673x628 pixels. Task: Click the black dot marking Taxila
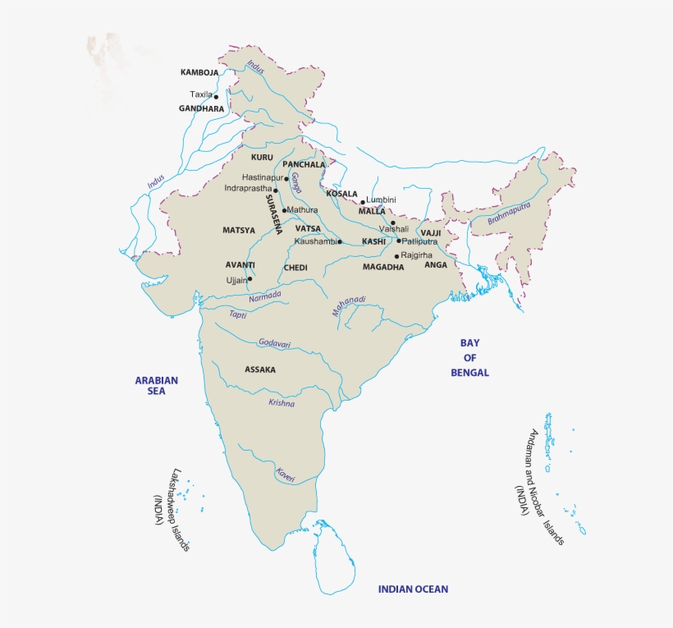coord(217,96)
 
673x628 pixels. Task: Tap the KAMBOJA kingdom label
coord(199,72)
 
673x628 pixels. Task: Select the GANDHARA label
coord(201,108)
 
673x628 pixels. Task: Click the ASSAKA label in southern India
coord(260,369)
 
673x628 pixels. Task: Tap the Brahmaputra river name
coord(510,213)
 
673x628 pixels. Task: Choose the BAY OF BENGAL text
coord(469,357)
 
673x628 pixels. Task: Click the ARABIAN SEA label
coord(157,386)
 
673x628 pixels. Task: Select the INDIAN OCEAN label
coord(413,589)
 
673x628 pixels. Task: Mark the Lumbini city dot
coord(363,201)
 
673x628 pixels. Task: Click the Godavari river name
coord(275,343)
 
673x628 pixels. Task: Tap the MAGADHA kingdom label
coord(383,267)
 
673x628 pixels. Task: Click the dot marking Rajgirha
coord(397,256)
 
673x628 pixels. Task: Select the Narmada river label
coord(265,296)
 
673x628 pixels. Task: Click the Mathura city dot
coord(284,210)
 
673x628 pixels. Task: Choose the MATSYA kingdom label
coord(239,230)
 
